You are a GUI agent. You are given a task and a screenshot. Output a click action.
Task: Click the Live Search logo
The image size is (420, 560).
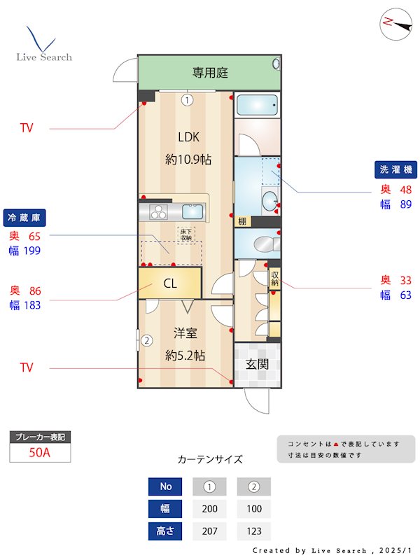coord(43,45)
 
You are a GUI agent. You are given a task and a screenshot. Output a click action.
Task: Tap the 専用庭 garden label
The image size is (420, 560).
coord(210,72)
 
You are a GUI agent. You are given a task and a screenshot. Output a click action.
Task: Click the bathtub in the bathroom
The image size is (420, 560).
coord(257,105)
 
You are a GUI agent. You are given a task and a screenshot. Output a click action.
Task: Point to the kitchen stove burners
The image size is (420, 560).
coord(158,211)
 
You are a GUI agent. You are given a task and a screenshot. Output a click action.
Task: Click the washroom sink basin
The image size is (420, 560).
coord(269,202)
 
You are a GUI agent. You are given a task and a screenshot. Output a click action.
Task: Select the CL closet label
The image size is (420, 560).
coord(170,284)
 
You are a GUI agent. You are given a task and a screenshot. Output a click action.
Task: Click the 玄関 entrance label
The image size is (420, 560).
coord(256,364)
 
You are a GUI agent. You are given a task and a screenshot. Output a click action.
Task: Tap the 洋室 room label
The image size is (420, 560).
coord(185,333)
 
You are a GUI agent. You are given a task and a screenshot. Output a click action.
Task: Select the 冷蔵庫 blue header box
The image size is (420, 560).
coord(27,217)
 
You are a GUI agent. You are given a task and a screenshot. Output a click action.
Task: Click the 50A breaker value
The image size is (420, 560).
coord(40,452)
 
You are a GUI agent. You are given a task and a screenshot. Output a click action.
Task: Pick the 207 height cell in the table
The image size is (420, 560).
coord(210,531)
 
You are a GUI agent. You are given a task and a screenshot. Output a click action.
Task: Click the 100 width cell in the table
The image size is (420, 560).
coord(254,509)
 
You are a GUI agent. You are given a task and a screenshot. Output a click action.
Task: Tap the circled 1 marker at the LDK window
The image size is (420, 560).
coord(187,100)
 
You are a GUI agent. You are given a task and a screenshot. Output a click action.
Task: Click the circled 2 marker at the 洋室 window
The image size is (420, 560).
coord(147,342)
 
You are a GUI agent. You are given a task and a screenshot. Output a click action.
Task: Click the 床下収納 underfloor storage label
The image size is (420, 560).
coord(185,234)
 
